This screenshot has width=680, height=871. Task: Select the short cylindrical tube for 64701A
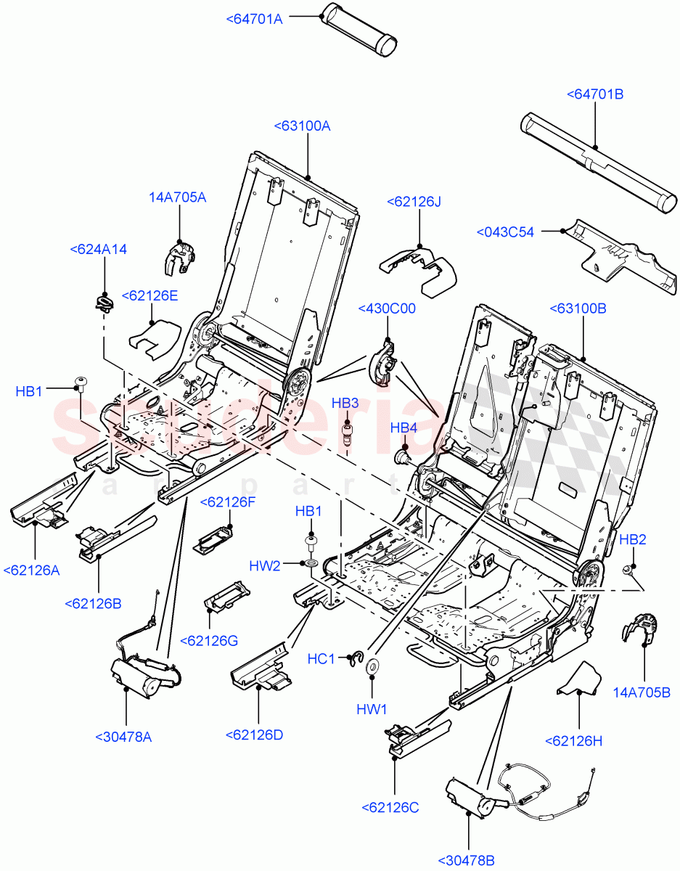pyautogui.click(x=360, y=29)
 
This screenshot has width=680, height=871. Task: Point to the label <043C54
pyautogui.click(x=505, y=232)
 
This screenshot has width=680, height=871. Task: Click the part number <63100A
pyautogui.click(x=302, y=126)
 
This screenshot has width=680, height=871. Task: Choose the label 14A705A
pyautogui.click(x=178, y=197)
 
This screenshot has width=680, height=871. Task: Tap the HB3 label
pyautogui.click(x=345, y=403)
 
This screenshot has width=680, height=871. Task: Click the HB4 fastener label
pyautogui.click(x=404, y=429)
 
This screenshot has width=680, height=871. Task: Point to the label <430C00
pyautogui.click(x=387, y=308)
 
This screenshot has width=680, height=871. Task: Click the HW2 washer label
pyautogui.click(x=265, y=565)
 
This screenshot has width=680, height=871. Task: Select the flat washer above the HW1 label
pyautogui.click(x=372, y=666)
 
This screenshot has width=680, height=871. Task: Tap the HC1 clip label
pyautogui.click(x=321, y=659)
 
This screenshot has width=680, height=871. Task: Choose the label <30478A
pyautogui.click(x=123, y=737)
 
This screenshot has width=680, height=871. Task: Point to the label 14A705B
pyautogui.click(x=642, y=692)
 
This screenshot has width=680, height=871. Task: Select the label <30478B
pyautogui.click(x=467, y=861)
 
